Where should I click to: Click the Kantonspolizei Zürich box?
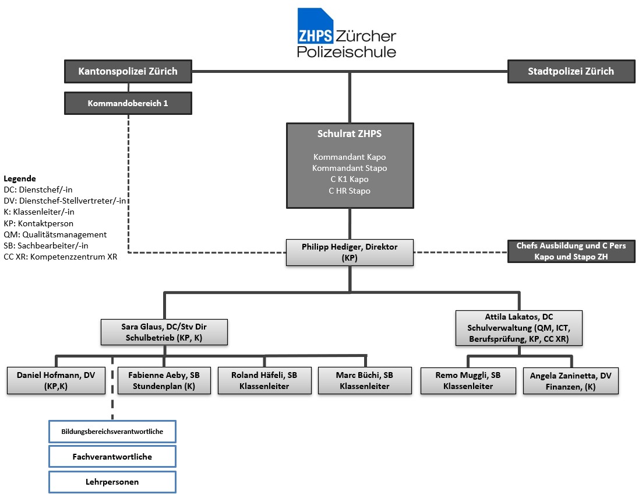(128, 71)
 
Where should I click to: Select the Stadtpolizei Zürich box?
(571, 71)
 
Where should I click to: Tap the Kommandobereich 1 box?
(128, 103)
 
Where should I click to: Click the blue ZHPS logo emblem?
(315, 26)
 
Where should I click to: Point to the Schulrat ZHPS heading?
(350, 134)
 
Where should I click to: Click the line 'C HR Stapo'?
(350, 191)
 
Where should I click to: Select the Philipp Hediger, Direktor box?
(350, 253)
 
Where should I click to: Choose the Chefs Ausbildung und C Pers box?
(571, 251)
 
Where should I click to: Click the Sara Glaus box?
(164, 332)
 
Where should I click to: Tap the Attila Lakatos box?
(518, 328)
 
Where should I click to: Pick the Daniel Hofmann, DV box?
(56, 380)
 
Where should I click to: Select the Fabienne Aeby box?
(164, 380)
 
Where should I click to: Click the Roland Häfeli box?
(264, 380)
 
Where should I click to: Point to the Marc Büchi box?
(365, 380)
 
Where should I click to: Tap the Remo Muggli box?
(468, 380)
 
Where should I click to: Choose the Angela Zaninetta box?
(571, 381)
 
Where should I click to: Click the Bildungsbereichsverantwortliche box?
(112, 432)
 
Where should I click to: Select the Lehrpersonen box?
(112, 482)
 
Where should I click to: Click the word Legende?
(20, 178)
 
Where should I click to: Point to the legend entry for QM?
(55, 234)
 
